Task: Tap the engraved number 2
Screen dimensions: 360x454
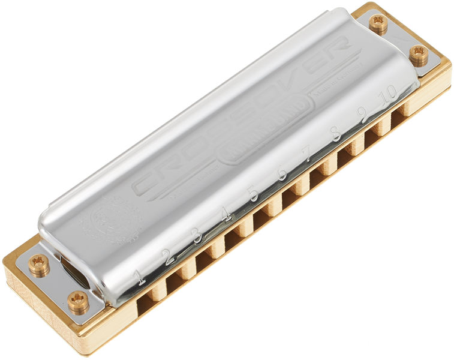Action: pyautogui.click(x=170, y=256)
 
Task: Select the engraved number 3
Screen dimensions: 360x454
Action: pyautogui.click(x=197, y=235)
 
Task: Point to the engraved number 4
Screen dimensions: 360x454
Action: pyautogui.click(x=226, y=214)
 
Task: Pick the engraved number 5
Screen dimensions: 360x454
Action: pyautogui.click(x=254, y=193)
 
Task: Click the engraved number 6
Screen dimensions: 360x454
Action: pyautogui.click(x=282, y=174)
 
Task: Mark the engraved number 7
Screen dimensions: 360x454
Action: pyautogui.click(x=308, y=154)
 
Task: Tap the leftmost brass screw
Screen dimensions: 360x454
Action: pyautogui.click(x=39, y=265)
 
